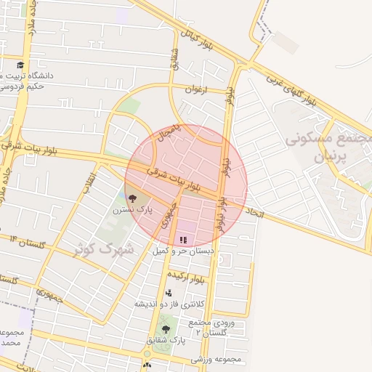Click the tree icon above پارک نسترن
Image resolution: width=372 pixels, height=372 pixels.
pyautogui.click(x=132, y=197)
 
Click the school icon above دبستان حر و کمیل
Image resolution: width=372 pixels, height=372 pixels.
pyautogui.click(x=183, y=238)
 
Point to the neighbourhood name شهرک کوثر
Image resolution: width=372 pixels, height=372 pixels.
pyautogui.click(x=105, y=248)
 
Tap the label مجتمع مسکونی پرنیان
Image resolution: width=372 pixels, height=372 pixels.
pyautogui.click(x=328, y=147)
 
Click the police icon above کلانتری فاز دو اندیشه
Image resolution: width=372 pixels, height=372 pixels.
pyautogui.click(x=169, y=293)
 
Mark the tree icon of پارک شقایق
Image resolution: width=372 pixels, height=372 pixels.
pyautogui.click(x=166, y=329)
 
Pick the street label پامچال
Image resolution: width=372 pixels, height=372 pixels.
pyautogui.click(x=166, y=135)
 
